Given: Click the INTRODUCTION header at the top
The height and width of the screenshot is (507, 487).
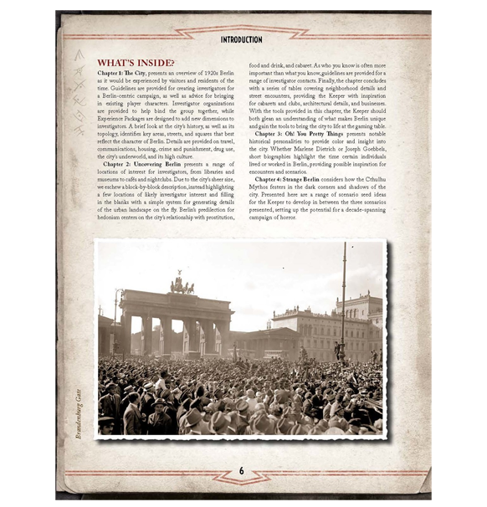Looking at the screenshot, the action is pos(241,39).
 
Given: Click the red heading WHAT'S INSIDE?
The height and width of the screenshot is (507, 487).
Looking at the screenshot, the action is pos(136,63).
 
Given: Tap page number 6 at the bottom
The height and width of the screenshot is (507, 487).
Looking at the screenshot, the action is pos(241,471).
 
